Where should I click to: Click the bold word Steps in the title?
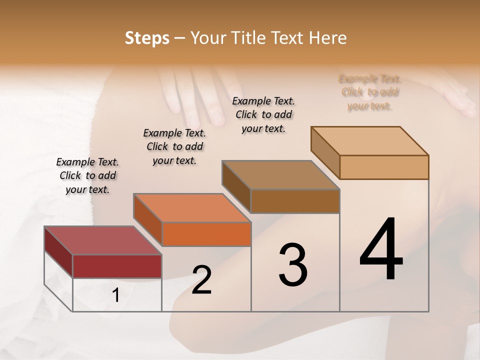coord(147,38)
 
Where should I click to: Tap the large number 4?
coord(381,249)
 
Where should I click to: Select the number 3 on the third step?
coord(292,265)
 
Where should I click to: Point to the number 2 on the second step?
coord(201,280)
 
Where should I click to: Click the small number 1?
coord(115,295)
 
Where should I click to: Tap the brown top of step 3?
coord(280,175)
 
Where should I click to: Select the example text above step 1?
coord(87,175)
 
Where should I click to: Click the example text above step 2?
coord(174,146)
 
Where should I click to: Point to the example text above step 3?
coord(263,114)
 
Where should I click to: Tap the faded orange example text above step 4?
coord(370,92)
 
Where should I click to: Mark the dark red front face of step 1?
coord(117,266)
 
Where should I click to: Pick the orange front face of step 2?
coord(206,234)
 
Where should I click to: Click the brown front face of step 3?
coord(295,201)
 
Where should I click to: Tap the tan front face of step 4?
coord(384,167)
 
